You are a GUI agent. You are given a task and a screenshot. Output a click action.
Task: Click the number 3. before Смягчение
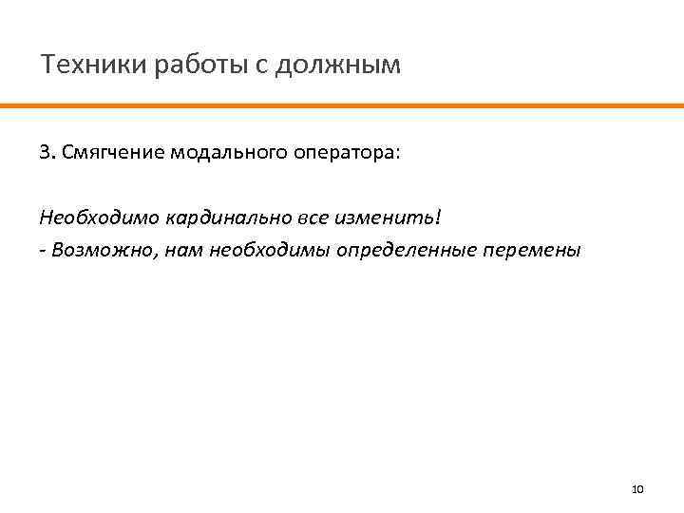47,154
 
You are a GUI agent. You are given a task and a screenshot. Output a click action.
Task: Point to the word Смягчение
113,154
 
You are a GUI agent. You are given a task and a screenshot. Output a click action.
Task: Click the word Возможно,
95,251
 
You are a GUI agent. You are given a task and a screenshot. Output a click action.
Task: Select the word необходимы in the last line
242,251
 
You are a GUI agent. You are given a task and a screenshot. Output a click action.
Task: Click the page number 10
637,489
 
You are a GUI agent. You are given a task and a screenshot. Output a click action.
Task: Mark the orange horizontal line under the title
342,105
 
